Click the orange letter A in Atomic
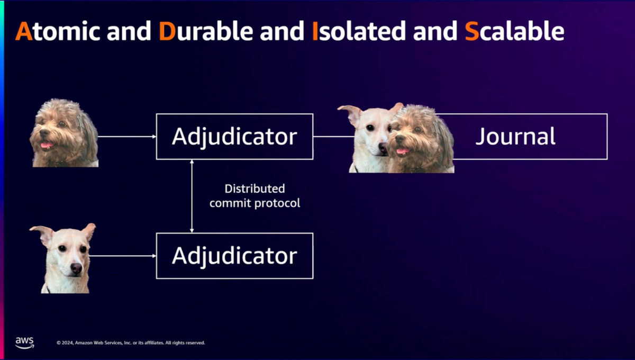(x=24, y=31)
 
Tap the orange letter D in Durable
(x=167, y=31)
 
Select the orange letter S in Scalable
(x=471, y=31)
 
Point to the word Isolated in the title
(x=359, y=31)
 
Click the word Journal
(x=515, y=137)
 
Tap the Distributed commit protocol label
(x=255, y=196)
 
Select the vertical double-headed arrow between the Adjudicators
(x=192, y=196)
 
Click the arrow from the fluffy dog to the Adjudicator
(x=127, y=137)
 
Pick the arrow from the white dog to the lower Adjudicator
(x=123, y=256)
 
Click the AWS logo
(x=25, y=343)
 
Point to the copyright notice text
(x=131, y=343)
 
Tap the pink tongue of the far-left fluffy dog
(x=47, y=145)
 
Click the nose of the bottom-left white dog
(x=76, y=267)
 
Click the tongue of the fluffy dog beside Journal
(x=402, y=150)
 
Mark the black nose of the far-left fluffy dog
(x=44, y=132)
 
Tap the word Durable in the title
(x=206, y=31)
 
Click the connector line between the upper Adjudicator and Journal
(x=334, y=137)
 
